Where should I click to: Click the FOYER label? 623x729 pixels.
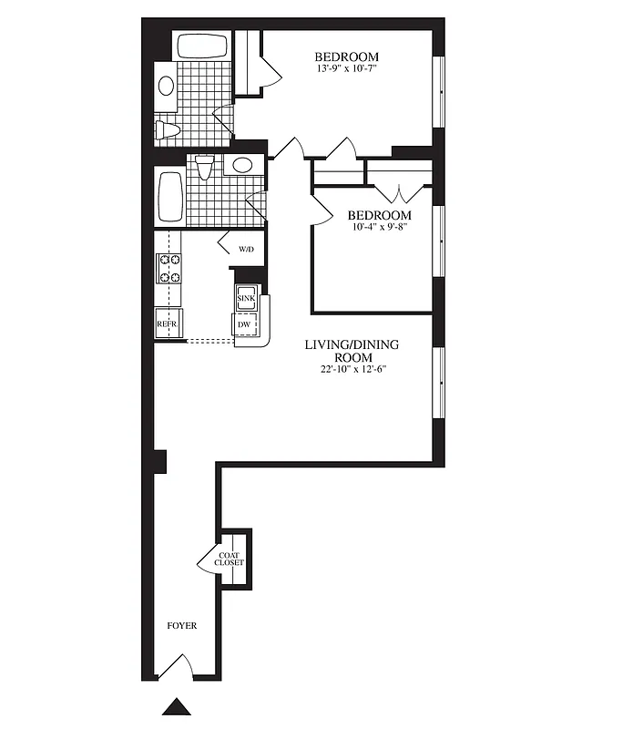tap(181, 626)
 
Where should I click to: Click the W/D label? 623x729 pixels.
tap(246, 249)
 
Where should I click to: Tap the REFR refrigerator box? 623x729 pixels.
tap(167, 323)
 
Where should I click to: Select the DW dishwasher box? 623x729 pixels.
tap(245, 324)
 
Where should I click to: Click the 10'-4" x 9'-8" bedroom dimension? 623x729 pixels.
tap(373, 228)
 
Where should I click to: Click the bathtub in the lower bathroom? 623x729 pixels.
tap(170, 197)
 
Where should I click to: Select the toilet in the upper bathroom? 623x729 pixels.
tap(166, 128)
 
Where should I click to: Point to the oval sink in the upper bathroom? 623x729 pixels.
tap(167, 87)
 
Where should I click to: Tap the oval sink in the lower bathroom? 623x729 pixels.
tap(240, 165)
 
